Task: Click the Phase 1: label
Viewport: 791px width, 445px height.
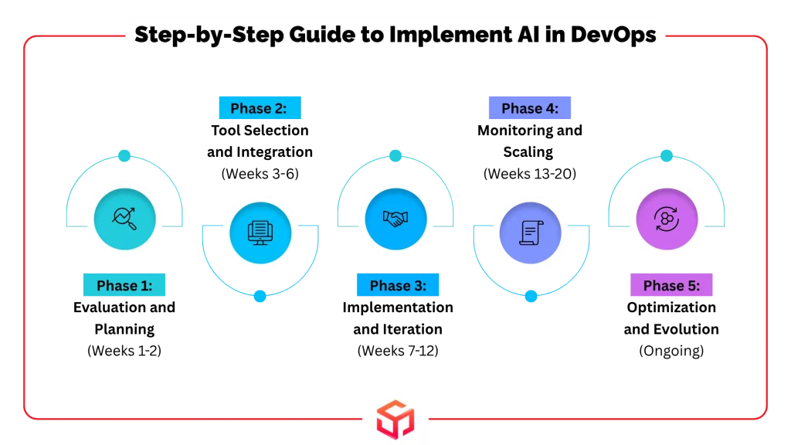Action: [124, 286]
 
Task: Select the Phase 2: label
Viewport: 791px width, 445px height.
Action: [260, 108]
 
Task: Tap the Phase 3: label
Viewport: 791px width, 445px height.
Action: [397, 286]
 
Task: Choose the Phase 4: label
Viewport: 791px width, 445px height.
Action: [529, 108]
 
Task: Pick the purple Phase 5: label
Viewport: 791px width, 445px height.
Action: [671, 286]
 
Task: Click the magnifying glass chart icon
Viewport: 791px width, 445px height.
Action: [124, 219]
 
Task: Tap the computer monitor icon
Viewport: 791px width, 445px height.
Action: [260, 231]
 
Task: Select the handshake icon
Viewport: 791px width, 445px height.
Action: [395, 219]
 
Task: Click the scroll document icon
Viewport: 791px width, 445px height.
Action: [531, 231]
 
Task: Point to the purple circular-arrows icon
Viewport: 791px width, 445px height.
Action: [666, 219]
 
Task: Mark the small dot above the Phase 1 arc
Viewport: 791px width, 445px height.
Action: [124, 155]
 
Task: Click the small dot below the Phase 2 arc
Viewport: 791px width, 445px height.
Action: [260, 296]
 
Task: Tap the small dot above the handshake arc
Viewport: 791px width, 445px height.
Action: [395, 155]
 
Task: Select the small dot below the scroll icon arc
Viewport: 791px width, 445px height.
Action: [531, 296]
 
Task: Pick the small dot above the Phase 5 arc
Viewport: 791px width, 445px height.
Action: [666, 155]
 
